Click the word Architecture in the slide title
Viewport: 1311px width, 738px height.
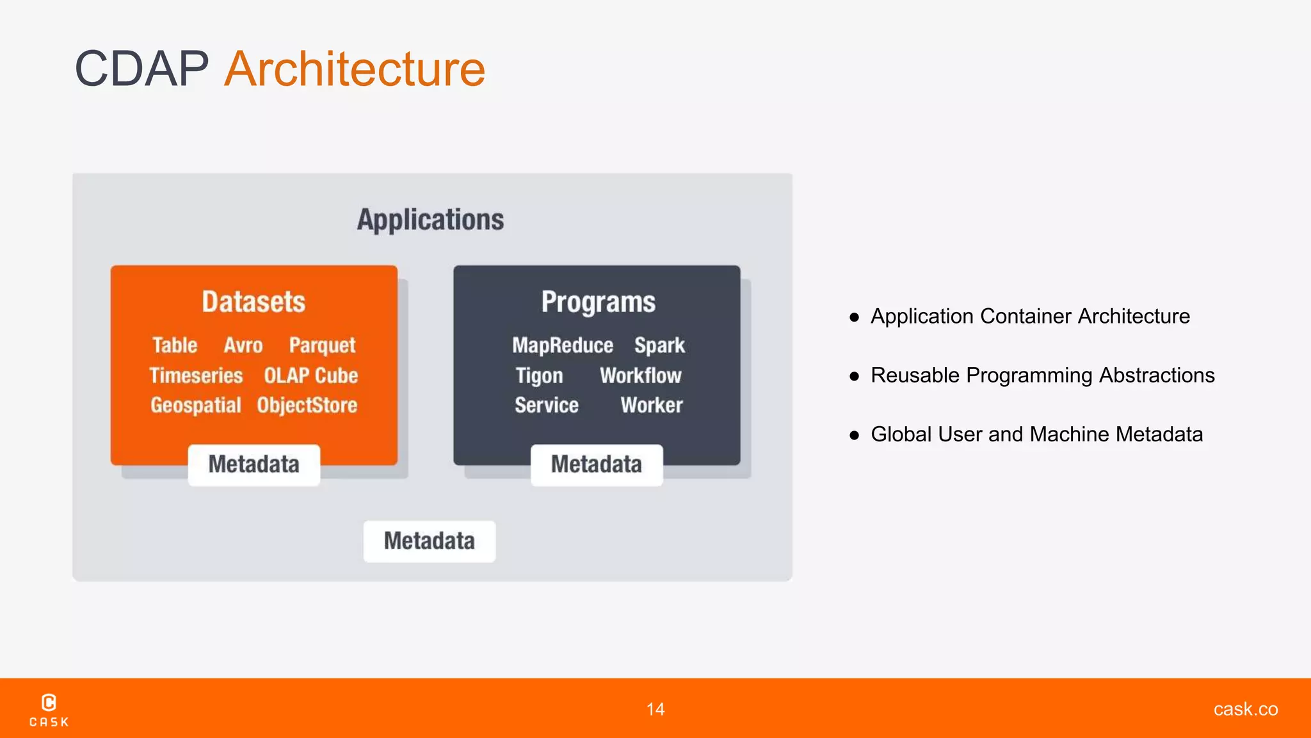coord(355,69)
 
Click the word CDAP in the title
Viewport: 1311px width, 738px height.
coord(141,69)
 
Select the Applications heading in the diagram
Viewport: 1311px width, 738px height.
coord(430,220)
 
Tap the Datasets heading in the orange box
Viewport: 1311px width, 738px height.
coord(253,302)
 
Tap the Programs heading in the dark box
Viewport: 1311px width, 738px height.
coord(598,302)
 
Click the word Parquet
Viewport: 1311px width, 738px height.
coord(322,345)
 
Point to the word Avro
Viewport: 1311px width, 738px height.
coord(243,345)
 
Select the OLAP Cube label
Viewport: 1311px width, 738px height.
coord(310,375)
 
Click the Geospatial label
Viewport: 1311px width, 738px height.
coord(196,406)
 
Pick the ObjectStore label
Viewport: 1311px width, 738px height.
coord(307,406)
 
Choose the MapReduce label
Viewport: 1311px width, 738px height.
coord(563,345)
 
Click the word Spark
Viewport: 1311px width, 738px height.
coord(659,345)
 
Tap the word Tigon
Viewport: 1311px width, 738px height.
coord(539,375)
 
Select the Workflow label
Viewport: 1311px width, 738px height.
coord(640,375)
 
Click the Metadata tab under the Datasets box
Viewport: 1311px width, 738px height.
coord(253,464)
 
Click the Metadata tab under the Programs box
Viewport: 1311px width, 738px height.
coord(597,464)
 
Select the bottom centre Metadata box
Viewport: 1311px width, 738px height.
coord(429,541)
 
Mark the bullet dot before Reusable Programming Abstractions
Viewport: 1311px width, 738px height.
coord(854,376)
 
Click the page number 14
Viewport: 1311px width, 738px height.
coord(655,709)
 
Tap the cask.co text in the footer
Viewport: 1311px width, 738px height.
coord(1245,709)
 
